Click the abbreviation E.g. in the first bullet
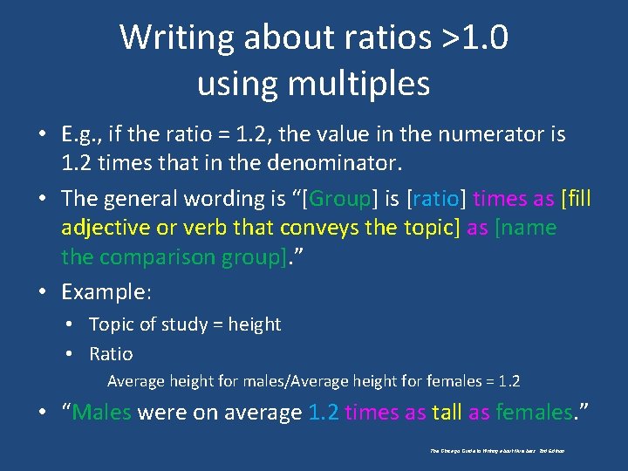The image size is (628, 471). point(81,134)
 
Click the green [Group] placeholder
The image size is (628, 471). point(339,199)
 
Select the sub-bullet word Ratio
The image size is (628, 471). point(111,354)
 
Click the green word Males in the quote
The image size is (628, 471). point(101,412)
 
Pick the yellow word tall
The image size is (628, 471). point(447,412)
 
